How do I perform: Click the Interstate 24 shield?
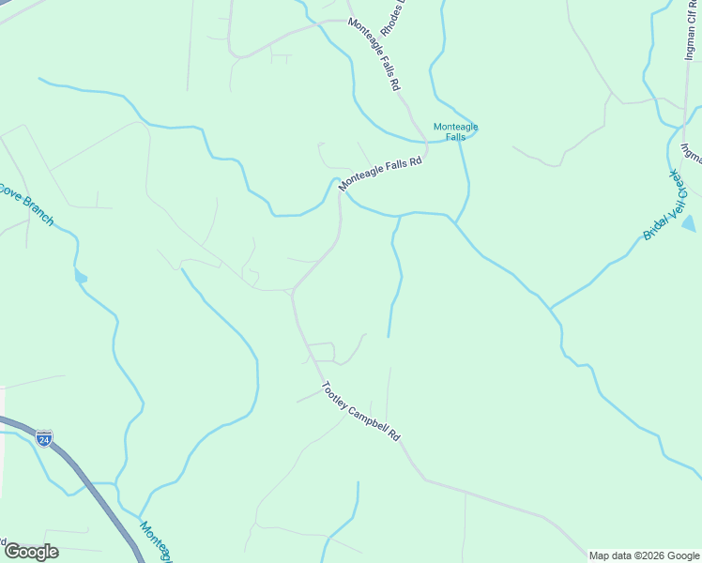pyautogui.click(x=44, y=437)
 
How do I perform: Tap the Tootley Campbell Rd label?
pyautogui.click(x=361, y=412)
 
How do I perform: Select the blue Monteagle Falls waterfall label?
pyautogui.click(x=455, y=131)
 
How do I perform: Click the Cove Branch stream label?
pyautogui.click(x=25, y=205)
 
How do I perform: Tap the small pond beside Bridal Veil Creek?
pyautogui.click(x=689, y=223)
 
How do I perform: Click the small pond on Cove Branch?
pyautogui.click(x=80, y=277)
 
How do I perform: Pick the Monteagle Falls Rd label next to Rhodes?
pyautogui.click(x=375, y=54)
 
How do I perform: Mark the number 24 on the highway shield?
pyautogui.click(x=44, y=438)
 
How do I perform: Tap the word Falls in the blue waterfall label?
pyautogui.click(x=455, y=137)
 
